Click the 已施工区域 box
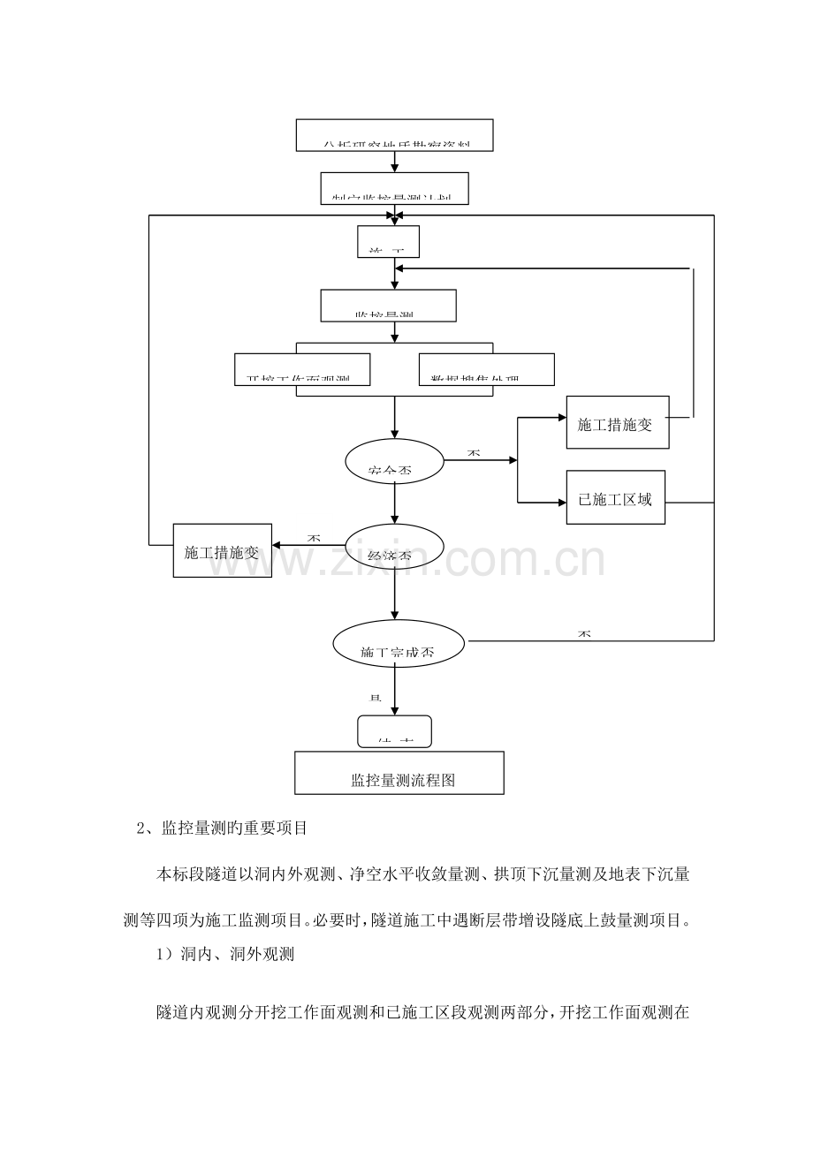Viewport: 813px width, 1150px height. pyautogui.click(x=615, y=497)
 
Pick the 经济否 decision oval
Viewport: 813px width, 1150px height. pyautogui.click(x=391, y=546)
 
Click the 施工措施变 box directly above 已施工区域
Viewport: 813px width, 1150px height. pyautogui.click(x=615, y=422)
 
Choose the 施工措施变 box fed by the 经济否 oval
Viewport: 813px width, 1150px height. pyautogui.click(x=222, y=551)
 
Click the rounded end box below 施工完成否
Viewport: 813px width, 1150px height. pyautogui.click(x=394, y=731)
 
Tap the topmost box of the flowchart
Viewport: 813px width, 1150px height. pyautogui.click(x=393, y=135)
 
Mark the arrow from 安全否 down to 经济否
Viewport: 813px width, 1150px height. pyautogui.click(x=395, y=505)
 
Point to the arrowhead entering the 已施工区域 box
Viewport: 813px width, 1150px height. pyautogui.click(x=559, y=502)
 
